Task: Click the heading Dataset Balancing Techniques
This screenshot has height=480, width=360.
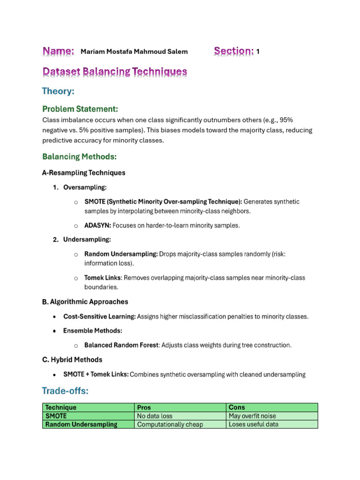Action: pyautogui.click(x=115, y=72)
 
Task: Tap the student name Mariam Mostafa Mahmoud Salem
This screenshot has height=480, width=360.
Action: pyautogui.click(x=134, y=52)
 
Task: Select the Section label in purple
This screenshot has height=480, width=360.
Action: pyautogui.click(x=234, y=51)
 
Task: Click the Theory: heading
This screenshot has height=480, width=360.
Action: pyautogui.click(x=58, y=91)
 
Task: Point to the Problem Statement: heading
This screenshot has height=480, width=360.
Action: pyautogui.click(x=80, y=109)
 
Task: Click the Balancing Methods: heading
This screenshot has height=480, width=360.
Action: pyautogui.click(x=79, y=156)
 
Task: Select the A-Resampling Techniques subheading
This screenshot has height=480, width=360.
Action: pyautogui.click(x=84, y=172)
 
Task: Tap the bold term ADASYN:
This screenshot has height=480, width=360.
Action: pyautogui.click(x=97, y=225)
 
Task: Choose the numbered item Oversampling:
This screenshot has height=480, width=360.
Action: pyautogui.click(x=85, y=187)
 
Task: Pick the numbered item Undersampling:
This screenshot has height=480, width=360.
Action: pyautogui.click(x=87, y=240)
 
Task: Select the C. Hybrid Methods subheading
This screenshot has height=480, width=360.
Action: pyautogui.click(x=72, y=360)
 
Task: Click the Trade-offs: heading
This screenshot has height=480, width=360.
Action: pyautogui.click(x=65, y=390)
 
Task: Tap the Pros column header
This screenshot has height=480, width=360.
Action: pyautogui.click(x=144, y=407)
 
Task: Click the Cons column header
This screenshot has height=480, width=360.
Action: pyautogui.click(x=237, y=407)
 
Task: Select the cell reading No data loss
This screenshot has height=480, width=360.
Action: pyautogui.click(x=154, y=416)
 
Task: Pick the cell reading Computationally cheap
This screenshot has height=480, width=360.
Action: pyautogui.click(x=164, y=424)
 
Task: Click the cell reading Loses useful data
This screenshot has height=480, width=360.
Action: pyautogui.click(x=253, y=424)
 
